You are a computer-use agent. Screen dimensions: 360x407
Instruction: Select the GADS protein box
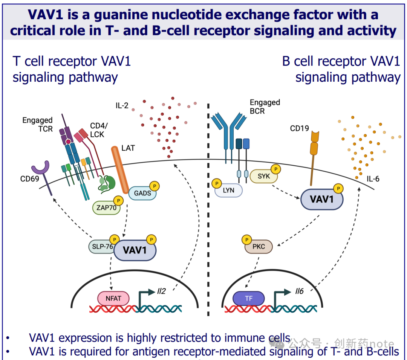[142, 194]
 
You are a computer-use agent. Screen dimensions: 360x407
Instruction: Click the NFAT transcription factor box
[113, 299]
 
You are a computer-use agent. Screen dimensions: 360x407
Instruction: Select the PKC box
[259, 247]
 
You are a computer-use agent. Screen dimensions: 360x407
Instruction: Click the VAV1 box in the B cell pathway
[321, 199]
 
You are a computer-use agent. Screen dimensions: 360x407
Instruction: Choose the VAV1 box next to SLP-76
[135, 250]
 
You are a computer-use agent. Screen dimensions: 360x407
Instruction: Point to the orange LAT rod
[120, 169]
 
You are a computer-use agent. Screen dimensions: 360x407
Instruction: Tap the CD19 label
[299, 129]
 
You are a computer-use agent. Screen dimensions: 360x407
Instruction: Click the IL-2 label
[122, 105]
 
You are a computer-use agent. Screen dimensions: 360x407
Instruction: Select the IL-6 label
[373, 179]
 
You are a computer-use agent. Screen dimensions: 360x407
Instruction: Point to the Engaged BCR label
[265, 107]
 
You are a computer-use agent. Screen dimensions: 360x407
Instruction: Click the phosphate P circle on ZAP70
[119, 201]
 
